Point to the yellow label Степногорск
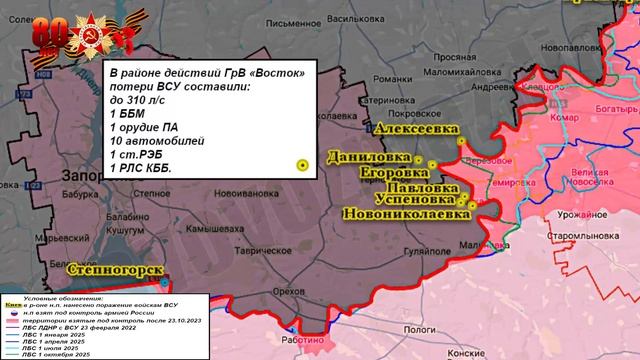[110, 269]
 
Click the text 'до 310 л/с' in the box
[137, 102]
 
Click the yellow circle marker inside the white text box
[301, 164]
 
